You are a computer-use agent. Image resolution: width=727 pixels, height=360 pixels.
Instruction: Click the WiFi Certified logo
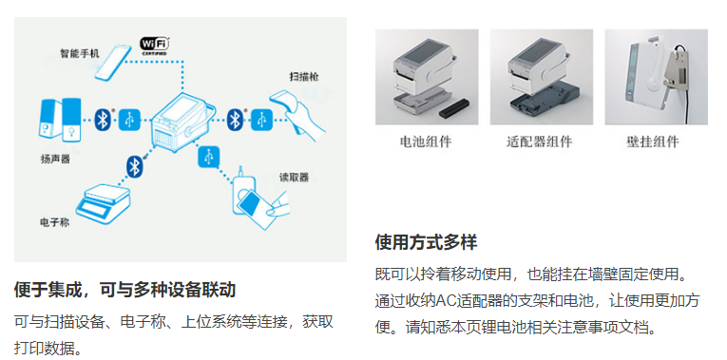155,47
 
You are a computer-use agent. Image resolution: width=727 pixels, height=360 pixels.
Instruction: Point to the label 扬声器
55,159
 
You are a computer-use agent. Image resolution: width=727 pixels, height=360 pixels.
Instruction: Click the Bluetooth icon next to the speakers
102,120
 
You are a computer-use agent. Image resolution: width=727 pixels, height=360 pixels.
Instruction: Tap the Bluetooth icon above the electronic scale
134,166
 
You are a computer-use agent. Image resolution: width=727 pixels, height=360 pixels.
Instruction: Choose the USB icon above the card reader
209,156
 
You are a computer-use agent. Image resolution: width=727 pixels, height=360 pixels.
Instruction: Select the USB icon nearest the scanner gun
262,120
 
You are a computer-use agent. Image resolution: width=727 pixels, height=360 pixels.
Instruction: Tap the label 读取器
294,178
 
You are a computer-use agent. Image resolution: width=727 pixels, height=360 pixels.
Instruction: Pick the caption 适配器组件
539,142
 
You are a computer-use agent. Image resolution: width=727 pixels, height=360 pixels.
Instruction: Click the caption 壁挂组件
653,142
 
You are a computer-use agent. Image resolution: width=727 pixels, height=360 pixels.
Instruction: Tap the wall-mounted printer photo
656,77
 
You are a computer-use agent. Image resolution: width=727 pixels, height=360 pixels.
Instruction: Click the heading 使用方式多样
426,242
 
